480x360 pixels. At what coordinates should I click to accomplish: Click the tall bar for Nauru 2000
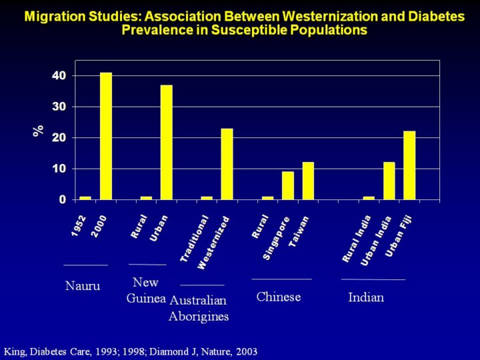[106, 136]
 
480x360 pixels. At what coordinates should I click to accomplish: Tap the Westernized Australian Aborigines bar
[227, 164]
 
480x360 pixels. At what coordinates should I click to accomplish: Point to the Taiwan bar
[308, 181]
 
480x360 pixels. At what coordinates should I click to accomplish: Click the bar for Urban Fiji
[409, 165]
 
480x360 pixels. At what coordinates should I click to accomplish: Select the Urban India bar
[389, 181]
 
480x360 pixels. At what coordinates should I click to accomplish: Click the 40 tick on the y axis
[59, 76]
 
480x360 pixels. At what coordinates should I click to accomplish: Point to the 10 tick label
[59, 169]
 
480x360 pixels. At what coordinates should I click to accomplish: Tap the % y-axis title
[39, 131]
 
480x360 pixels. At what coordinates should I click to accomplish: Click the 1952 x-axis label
[79, 226]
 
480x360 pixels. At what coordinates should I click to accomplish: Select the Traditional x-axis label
[195, 238]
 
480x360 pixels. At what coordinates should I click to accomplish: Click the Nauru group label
[83, 287]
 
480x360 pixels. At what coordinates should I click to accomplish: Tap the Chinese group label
[279, 297]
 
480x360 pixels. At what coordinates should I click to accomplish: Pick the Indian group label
[366, 297]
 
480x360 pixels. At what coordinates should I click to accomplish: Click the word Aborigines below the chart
[199, 316]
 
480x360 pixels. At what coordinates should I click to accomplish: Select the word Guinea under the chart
[146, 298]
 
